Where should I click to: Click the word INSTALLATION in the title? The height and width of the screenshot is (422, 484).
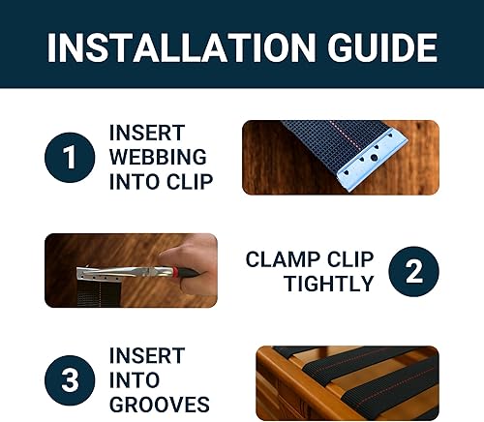(x=167, y=46)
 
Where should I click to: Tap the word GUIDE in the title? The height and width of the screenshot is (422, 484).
(x=375, y=46)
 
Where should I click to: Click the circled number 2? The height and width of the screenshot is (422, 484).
(x=413, y=271)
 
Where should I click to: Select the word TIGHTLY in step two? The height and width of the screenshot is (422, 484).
(x=328, y=284)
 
